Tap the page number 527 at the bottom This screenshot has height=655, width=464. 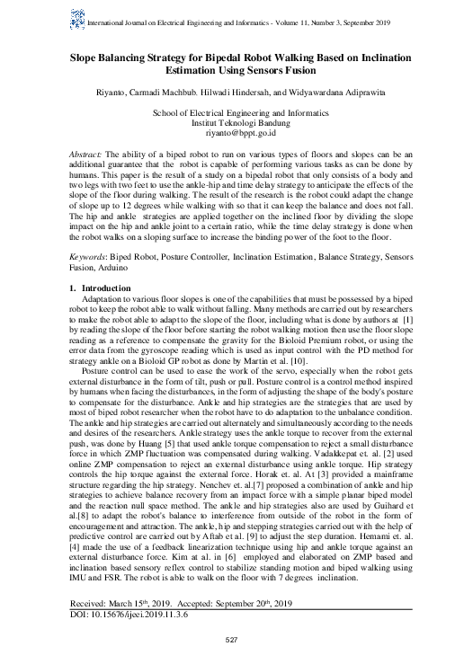tap(231, 640)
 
